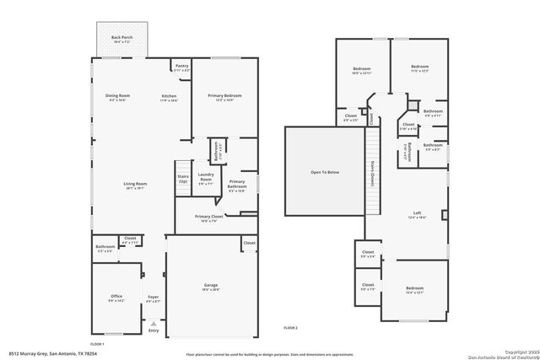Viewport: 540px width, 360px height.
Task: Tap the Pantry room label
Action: click(181, 67)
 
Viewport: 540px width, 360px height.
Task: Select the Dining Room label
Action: click(116, 97)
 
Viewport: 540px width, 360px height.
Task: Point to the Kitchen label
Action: click(170, 97)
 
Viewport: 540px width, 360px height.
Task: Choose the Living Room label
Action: click(136, 185)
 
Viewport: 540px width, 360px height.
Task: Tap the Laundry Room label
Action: click(205, 178)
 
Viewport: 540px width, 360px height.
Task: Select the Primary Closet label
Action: click(208, 217)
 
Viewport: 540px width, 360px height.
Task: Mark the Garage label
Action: click(210, 287)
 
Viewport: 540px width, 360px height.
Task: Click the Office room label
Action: click(116, 297)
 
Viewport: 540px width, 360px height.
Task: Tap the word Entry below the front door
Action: click(153, 330)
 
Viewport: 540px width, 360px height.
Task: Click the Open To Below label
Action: click(323, 172)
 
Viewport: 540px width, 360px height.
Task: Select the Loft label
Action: click(417, 213)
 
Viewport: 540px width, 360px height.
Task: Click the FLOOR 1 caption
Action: click(97, 344)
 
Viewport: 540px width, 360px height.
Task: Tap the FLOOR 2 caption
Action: click(290, 327)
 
